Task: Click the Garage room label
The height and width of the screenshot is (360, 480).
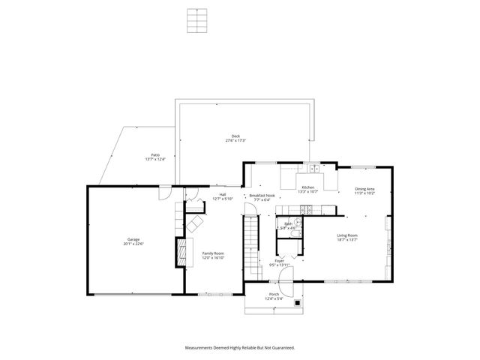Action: [135, 241]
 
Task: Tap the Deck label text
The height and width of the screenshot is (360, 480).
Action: [235, 138]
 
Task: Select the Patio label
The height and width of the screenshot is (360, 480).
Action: [155, 156]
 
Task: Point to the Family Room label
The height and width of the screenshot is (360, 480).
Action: [214, 255]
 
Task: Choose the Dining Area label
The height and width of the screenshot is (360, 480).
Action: [365, 190]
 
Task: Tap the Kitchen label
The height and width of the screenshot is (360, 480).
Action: [308, 189]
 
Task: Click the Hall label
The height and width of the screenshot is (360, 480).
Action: [223, 196]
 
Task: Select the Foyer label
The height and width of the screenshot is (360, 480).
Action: [279, 262]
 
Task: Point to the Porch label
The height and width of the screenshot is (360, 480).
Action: [274, 296]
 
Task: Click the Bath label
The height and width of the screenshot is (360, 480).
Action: [289, 225]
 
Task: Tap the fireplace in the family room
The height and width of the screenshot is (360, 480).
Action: [180, 252]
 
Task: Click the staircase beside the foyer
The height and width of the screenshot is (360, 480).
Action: [250, 242]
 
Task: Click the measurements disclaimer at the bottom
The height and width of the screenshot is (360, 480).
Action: [240, 347]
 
